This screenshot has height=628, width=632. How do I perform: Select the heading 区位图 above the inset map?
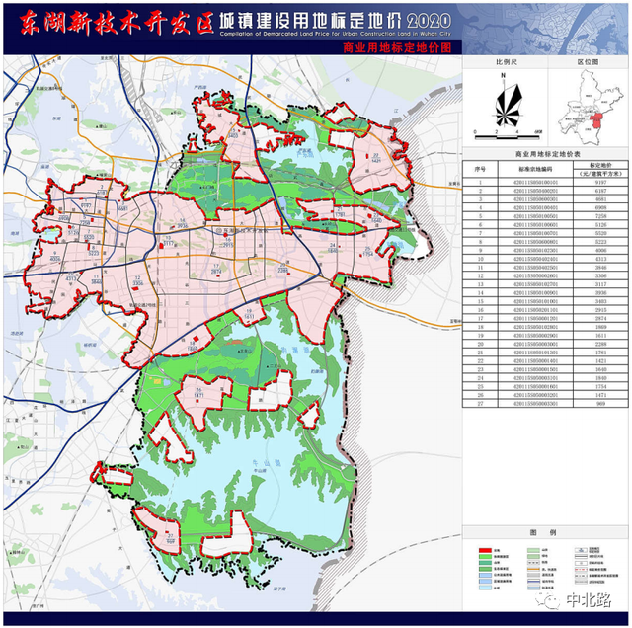click(x=588, y=61)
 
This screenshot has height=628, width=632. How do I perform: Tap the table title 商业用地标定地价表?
click(x=548, y=155)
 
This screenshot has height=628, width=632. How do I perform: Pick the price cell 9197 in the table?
click(x=600, y=183)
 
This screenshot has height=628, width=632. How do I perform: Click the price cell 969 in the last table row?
click(x=600, y=405)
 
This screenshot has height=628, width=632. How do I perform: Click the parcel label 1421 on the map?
click(x=204, y=394)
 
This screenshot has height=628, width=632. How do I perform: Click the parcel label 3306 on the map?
click(x=138, y=282)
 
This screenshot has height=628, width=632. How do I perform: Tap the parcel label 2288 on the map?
click(x=283, y=269)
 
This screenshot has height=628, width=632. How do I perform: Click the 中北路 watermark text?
click(x=588, y=598)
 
